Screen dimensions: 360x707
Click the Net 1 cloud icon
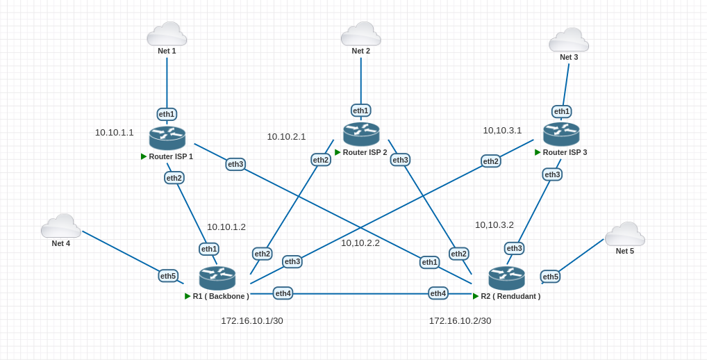[x=167, y=34]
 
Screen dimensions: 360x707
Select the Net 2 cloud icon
[x=360, y=34]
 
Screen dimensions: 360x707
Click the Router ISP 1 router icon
[x=167, y=138]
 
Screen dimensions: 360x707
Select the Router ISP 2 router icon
[x=361, y=133]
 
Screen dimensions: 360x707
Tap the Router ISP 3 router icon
[x=561, y=133]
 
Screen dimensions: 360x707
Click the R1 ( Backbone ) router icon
[x=217, y=278]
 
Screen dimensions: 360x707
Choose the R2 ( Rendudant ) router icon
[x=506, y=278]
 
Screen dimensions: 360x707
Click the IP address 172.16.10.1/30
[x=252, y=321]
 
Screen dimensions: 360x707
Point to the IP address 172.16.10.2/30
[x=460, y=321]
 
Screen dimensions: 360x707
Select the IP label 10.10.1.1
[x=114, y=132]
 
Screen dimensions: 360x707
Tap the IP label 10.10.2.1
[x=286, y=137]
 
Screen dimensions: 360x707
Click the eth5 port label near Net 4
[x=168, y=276]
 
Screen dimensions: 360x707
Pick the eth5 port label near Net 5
[x=550, y=277]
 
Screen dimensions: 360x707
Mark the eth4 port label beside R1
[x=283, y=293]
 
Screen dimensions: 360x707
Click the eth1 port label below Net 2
[x=360, y=110]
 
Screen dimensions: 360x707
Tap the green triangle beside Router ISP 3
[x=538, y=152]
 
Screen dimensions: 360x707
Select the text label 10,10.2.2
[x=360, y=243]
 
